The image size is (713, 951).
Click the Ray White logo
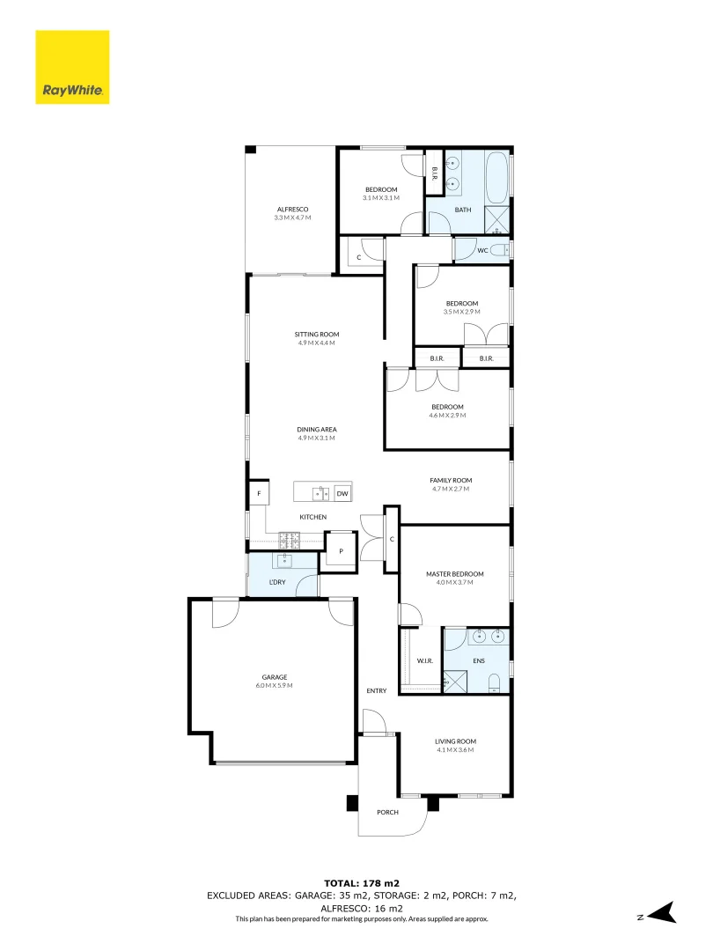(72, 67)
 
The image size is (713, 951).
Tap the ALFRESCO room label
(291, 209)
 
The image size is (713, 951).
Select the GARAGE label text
(273, 677)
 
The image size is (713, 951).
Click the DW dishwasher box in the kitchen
(342, 494)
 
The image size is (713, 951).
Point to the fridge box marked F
(259, 494)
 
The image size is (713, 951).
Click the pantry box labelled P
(341, 553)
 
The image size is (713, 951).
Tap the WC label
(482, 251)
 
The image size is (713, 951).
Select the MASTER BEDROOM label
(454, 574)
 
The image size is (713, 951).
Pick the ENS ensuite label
(478, 660)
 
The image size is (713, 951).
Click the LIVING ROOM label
(454, 741)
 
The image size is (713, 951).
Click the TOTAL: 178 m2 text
(361, 882)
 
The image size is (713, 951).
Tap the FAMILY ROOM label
(451, 480)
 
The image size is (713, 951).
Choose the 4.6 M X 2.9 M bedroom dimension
(447, 415)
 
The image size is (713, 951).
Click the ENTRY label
(377, 690)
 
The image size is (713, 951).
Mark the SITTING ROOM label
(317, 335)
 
